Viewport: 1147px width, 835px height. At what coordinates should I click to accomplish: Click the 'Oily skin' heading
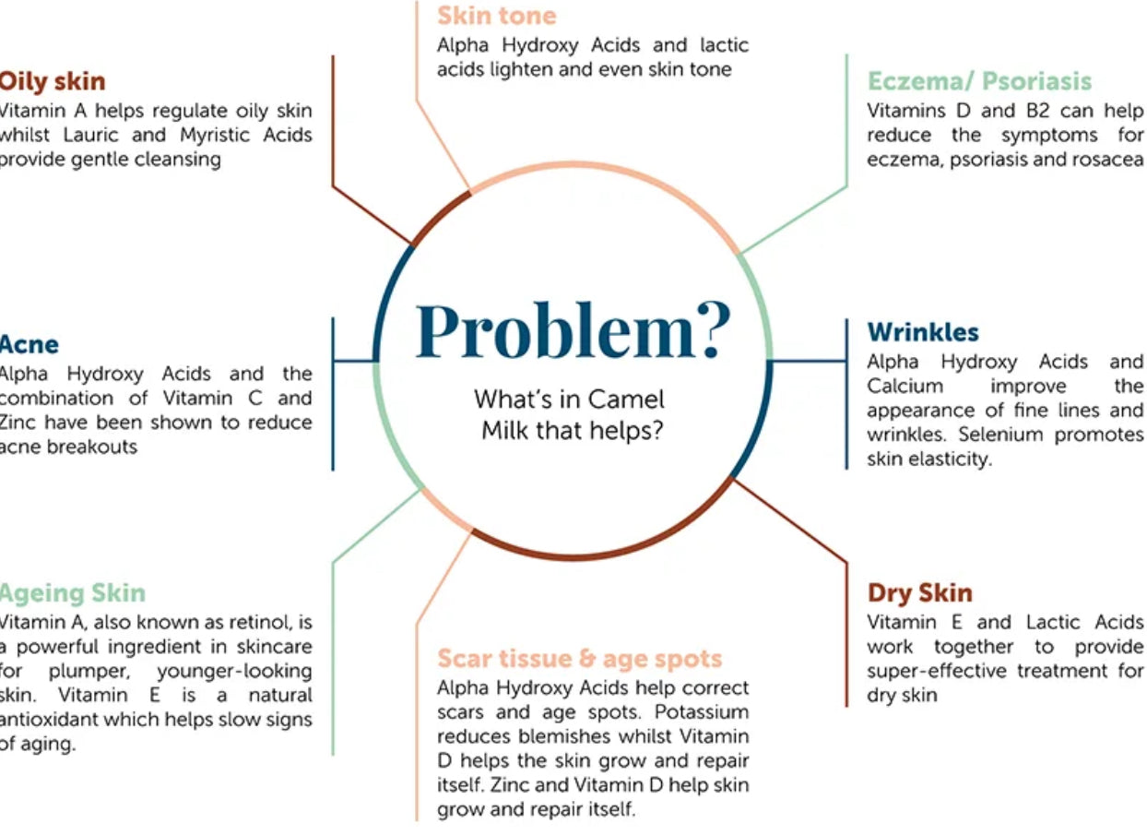tap(53, 81)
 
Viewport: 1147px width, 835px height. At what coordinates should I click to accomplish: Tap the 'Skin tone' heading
tap(496, 16)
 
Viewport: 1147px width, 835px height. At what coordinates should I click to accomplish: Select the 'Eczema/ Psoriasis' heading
tap(979, 81)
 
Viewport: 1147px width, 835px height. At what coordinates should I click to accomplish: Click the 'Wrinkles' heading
tap(923, 332)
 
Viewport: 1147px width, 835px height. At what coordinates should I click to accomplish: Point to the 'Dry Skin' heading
tap(919, 593)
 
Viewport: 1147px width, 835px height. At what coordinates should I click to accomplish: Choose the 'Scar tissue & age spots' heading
tap(579, 659)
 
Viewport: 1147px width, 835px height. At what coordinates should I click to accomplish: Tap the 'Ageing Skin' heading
tap(72, 592)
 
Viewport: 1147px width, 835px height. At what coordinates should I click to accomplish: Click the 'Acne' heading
tap(29, 344)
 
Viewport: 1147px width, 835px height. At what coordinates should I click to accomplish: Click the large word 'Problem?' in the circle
tap(573, 331)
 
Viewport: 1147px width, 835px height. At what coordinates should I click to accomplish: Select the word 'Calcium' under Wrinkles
tap(905, 386)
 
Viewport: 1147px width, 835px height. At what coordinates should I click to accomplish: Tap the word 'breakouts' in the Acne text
tap(92, 447)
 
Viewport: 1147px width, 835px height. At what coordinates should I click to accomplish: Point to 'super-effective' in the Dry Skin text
tap(938, 671)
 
